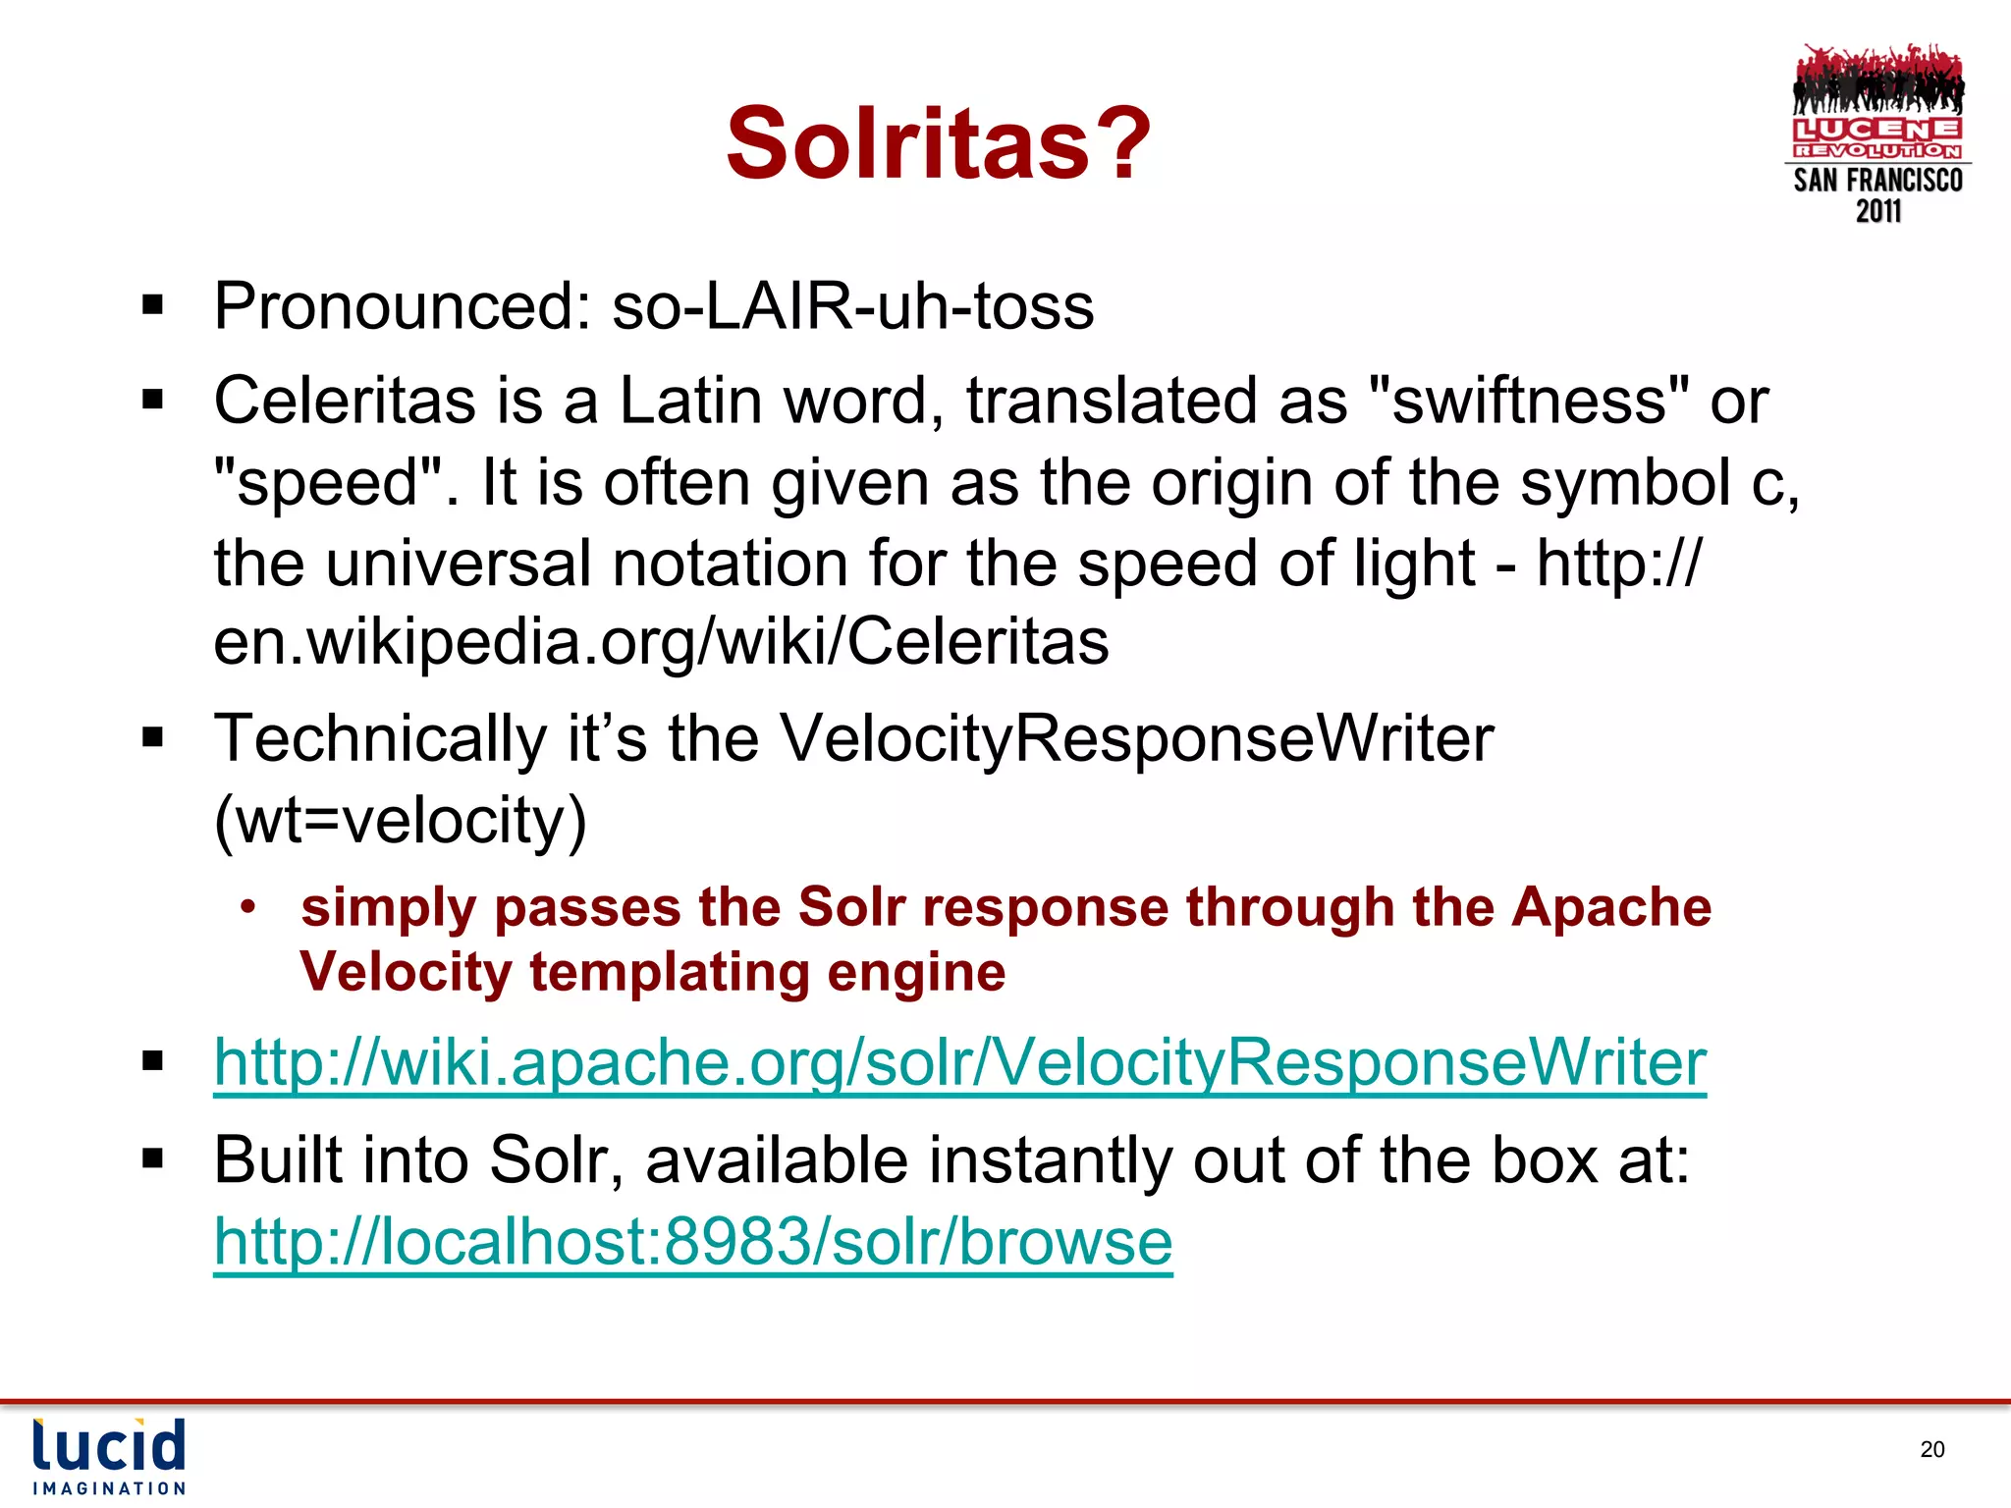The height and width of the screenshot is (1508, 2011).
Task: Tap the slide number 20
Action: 1931,1449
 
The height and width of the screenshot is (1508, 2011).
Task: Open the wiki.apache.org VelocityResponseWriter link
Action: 959,1063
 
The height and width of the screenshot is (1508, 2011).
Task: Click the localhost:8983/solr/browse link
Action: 693,1242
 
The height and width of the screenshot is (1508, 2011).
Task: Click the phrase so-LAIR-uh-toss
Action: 852,306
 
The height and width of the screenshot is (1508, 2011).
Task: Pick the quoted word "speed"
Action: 329,483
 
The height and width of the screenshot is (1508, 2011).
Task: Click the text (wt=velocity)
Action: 400,820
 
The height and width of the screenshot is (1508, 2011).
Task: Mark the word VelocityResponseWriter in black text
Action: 1136,738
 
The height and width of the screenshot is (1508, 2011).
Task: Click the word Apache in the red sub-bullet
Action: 1610,906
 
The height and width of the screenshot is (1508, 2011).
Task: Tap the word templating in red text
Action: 669,972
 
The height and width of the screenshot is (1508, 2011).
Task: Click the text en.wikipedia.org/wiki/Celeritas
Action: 661,642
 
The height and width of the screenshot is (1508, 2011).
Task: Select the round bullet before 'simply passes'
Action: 248,906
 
